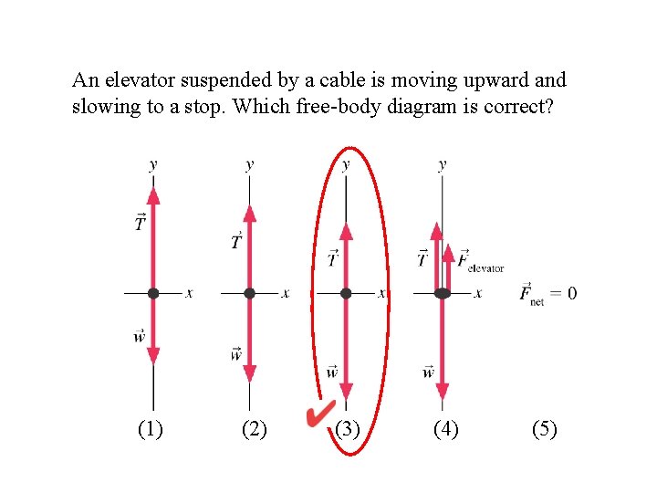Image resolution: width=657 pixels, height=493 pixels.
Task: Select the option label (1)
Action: tap(150, 428)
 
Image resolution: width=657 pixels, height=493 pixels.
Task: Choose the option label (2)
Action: tap(254, 428)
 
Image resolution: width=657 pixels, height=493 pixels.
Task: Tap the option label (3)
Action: tap(347, 428)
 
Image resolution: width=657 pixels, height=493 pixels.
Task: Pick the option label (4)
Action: tap(445, 428)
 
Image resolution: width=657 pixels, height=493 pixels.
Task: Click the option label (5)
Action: tap(544, 428)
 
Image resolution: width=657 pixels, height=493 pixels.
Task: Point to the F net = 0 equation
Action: tap(547, 294)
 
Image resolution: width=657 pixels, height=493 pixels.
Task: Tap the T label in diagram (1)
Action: tap(140, 223)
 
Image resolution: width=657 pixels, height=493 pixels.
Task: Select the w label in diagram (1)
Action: tap(140, 337)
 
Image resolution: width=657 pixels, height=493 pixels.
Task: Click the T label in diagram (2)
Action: tap(236, 242)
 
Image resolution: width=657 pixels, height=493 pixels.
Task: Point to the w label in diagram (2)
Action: tap(236, 353)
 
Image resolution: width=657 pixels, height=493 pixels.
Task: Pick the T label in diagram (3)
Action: tap(333, 259)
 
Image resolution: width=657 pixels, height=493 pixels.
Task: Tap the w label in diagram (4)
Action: tap(428, 372)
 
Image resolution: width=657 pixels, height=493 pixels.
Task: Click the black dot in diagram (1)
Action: tap(153, 294)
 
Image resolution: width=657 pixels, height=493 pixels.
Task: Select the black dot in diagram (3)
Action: tap(346, 294)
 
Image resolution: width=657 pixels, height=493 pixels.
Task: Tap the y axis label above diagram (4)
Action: tap(443, 165)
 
